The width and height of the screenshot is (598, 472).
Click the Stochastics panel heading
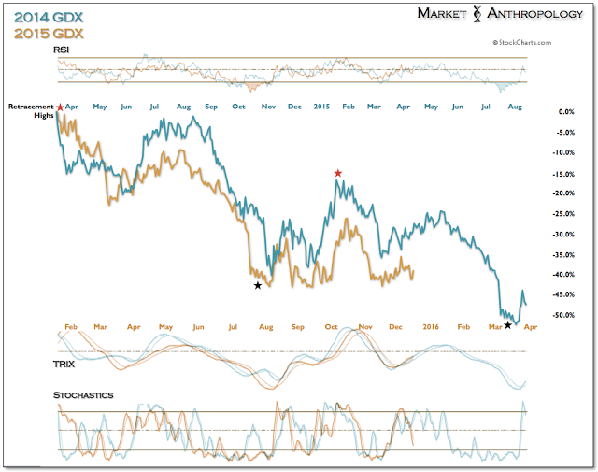pos(82,395)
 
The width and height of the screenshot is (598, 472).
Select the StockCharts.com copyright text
pos(522,42)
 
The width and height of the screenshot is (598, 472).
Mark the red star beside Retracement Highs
pos(61,108)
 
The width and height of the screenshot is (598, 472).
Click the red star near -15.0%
pos(338,173)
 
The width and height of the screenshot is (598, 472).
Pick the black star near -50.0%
pos(507,324)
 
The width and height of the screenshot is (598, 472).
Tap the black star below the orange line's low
pos(257,286)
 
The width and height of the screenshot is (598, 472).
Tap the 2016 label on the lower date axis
pos(429,326)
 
